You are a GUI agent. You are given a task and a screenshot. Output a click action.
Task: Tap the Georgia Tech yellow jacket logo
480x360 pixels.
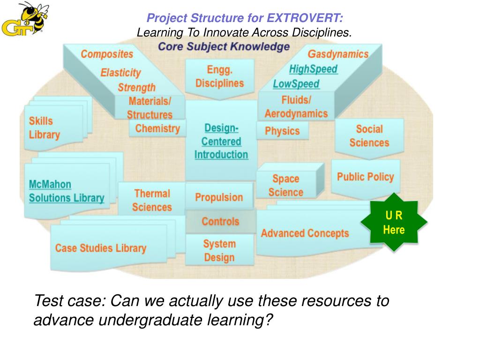pos(25,20)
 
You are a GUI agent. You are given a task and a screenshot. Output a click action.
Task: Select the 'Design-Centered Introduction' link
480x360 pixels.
pos(221,141)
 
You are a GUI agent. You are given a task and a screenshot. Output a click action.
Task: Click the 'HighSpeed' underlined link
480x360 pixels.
pos(313,69)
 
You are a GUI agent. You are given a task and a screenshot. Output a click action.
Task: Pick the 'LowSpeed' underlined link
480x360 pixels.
pos(296,84)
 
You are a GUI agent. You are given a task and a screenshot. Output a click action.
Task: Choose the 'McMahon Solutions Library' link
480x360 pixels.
pos(67,191)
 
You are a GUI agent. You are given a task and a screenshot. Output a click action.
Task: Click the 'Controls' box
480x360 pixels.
pos(220,221)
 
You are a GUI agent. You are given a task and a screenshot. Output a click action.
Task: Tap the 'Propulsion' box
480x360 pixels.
pos(219,197)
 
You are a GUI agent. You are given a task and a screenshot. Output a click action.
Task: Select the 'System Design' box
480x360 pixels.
pos(219,250)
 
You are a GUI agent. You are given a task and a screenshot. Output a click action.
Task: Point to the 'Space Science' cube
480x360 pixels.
pos(286,185)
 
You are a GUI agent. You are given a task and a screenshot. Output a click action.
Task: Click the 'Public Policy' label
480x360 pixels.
pos(365,177)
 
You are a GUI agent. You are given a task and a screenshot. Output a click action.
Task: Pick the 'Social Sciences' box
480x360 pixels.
pos(369,136)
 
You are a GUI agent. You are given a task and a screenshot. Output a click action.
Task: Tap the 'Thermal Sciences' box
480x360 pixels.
pos(152,200)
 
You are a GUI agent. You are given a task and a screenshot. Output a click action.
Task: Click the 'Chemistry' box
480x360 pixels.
pos(157,128)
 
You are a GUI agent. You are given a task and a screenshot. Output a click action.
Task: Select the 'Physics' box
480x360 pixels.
pos(282,131)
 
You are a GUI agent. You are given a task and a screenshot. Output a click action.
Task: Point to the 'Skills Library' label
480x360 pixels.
pos(45,128)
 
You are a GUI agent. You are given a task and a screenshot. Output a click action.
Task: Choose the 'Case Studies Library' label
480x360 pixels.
pos(101,248)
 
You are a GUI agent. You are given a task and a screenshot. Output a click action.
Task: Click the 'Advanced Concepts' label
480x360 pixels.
pos(305,233)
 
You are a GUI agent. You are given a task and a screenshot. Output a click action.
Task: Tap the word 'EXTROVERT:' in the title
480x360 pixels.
pos(305,18)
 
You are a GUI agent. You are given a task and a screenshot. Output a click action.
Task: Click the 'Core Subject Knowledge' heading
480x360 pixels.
pos(224,47)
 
